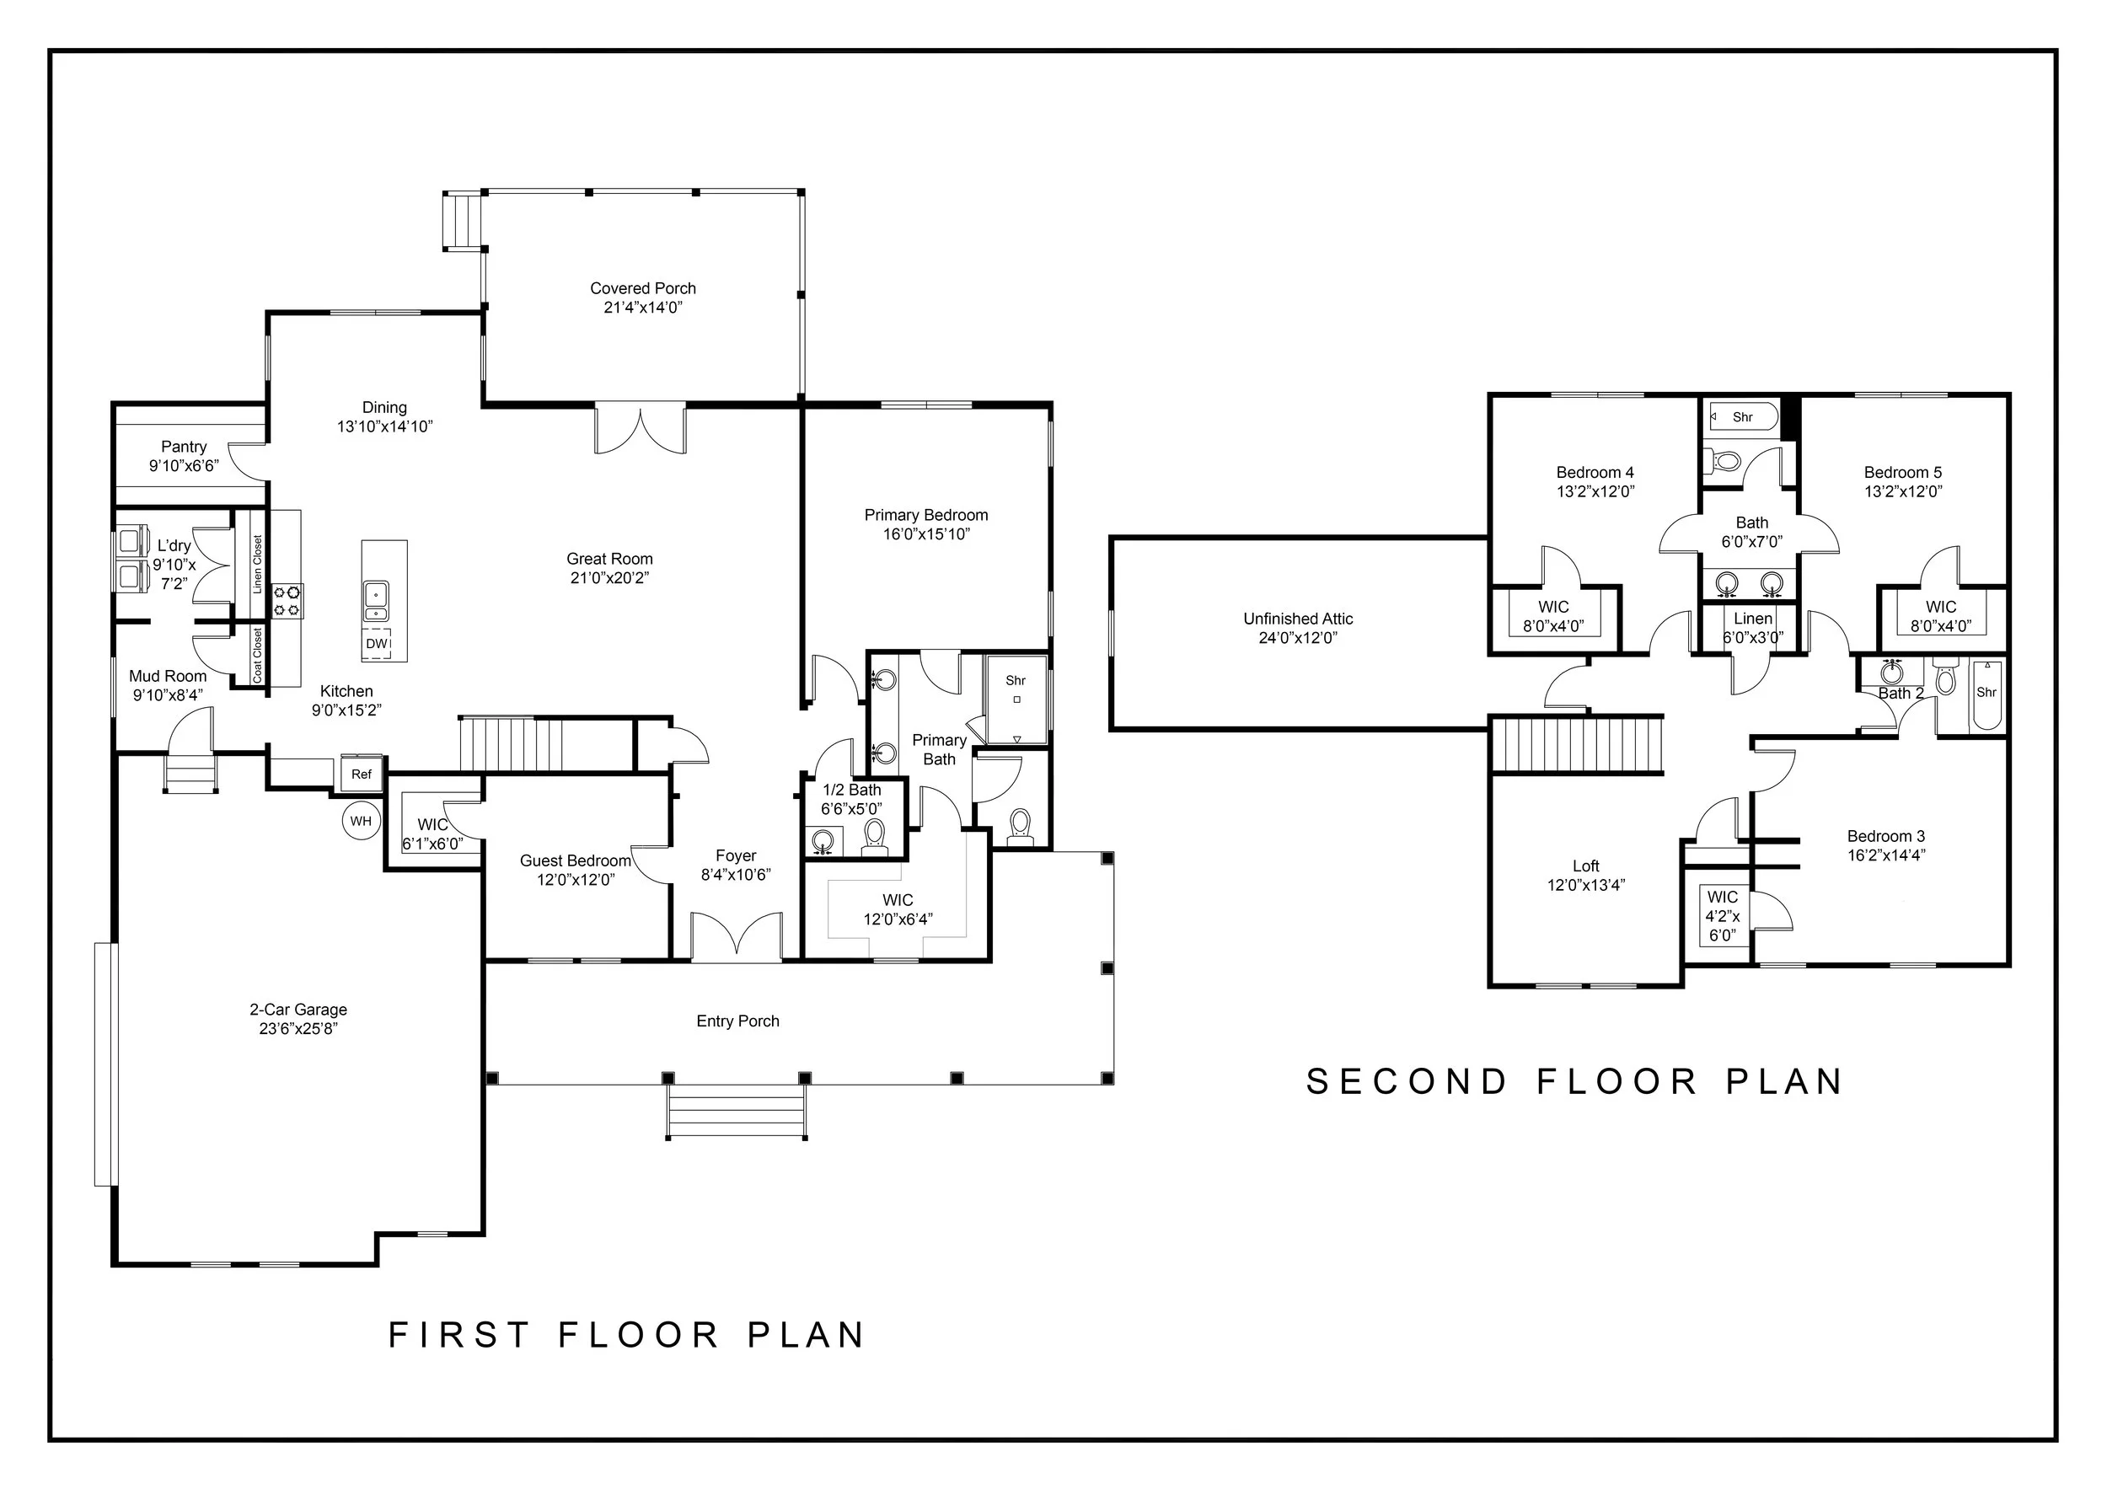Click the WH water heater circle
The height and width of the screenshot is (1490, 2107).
coord(361,820)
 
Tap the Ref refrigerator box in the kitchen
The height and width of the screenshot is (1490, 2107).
coord(362,774)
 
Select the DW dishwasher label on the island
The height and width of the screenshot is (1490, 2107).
coord(376,643)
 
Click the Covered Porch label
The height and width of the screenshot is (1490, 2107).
coord(643,288)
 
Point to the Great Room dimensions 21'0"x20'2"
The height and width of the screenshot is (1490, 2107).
coord(610,578)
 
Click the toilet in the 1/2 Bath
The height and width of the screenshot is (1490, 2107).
coord(874,837)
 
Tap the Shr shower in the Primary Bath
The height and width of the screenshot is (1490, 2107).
coord(1016,699)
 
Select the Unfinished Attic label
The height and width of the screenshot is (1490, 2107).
coord(1298,619)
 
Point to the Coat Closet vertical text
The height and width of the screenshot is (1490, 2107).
coord(258,655)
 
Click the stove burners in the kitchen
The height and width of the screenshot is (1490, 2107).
coord(288,600)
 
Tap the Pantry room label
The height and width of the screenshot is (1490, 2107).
coord(184,447)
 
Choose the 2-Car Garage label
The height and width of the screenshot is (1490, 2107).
coord(298,1010)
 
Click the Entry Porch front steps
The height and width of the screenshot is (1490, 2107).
coord(737,1111)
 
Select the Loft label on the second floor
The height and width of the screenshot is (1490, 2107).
coord(1586,866)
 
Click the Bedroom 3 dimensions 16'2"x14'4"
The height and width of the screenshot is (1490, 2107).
coord(1887,855)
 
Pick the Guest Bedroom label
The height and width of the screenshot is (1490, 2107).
coord(576,860)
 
